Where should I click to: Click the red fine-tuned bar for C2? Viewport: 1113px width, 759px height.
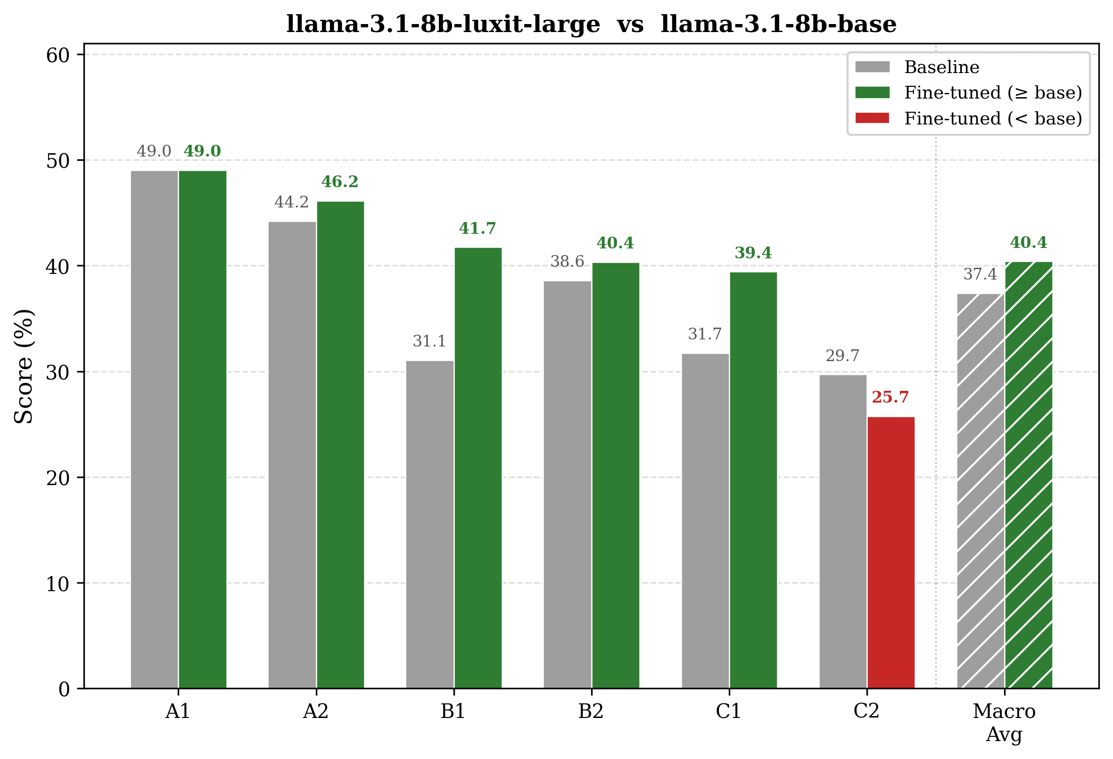coord(891,553)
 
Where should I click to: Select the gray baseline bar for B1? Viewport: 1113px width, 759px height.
coord(429,524)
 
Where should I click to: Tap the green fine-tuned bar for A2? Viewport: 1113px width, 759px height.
coord(340,445)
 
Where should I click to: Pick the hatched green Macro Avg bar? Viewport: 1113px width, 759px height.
coord(1028,475)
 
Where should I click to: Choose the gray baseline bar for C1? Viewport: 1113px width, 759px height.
coord(705,521)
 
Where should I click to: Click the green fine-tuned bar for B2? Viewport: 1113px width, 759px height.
coord(615,476)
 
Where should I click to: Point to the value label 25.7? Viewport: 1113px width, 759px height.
coord(890,397)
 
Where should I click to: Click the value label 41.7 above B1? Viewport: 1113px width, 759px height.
coord(478,228)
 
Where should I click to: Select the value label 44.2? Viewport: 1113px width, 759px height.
coord(292,202)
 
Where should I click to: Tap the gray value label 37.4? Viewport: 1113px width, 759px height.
coord(981,274)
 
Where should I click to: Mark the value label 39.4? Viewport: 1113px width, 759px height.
coord(753,252)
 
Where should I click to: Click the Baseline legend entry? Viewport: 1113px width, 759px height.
coord(917,67)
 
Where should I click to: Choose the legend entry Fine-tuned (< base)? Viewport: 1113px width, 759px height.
coord(968,118)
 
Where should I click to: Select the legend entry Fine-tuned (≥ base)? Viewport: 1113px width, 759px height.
coord(968,92)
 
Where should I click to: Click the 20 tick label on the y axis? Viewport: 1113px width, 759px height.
coord(58,478)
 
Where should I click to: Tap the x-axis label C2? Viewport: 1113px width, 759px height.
coord(866,711)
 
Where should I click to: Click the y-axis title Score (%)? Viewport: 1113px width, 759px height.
coord(24,366)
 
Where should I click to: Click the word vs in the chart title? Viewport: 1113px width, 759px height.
coord(630,25)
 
